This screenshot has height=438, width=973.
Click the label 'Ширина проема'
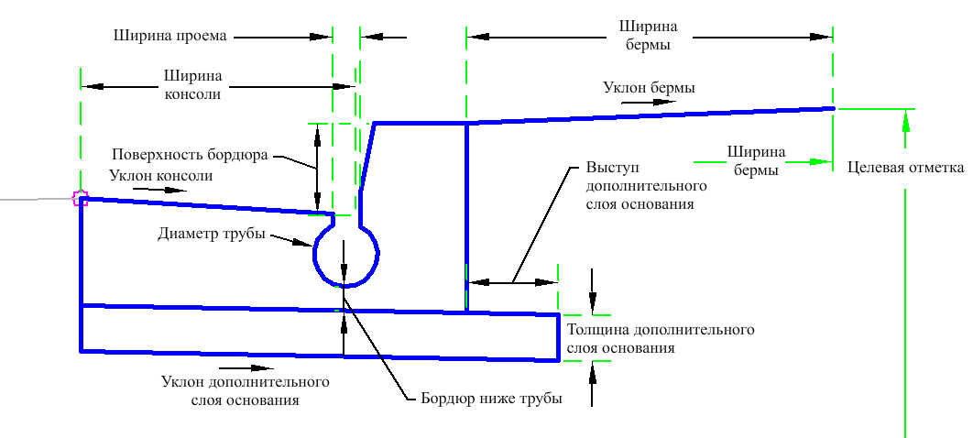[x=170, y=36]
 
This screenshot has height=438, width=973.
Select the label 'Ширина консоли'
[x=193, y=85]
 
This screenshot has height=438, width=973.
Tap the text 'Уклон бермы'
[x=649, y=88]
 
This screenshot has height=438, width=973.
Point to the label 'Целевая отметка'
[x=906, y=168]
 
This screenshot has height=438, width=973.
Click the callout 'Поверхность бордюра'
[x=190, y=155]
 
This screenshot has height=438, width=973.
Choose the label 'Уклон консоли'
[x=160, y=176]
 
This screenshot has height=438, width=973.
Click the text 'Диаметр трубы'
[x=212, y=234]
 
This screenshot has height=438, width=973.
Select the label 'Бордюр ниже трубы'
[x=491, y=399]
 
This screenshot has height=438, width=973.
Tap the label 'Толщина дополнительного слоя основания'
[x=661, y=338]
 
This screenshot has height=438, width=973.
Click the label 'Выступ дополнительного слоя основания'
[x=640, y=185]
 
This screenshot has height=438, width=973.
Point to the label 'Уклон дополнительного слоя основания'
[x=246, y=390]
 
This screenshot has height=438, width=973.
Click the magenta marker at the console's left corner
[x=80, y=199]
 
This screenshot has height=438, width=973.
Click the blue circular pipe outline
[x=345, y=254]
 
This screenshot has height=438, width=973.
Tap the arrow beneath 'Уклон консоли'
[x=159, y=190]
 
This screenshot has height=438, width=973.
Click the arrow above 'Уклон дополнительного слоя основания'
[x=247, y=367]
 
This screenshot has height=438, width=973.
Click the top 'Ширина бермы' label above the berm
[x=648, y=36]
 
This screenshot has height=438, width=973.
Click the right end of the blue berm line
[x=834, y=108]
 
